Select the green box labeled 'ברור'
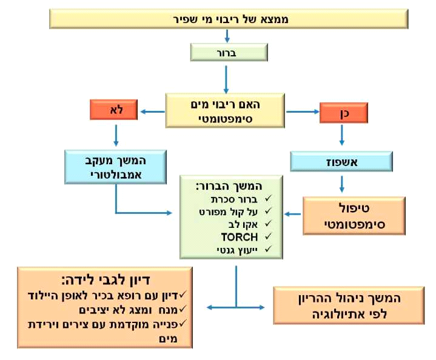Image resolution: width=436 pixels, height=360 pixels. coord(226,52)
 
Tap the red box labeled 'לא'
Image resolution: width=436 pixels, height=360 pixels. coord(114,110)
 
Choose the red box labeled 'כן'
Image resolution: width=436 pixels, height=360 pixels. coord(343,113)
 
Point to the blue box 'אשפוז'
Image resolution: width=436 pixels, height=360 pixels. coord(341,161)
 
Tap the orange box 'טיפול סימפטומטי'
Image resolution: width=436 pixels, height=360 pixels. coord(345,215)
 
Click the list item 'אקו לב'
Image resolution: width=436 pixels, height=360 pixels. coord(246,224)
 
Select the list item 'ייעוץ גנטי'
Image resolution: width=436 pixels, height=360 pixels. coord(240,249)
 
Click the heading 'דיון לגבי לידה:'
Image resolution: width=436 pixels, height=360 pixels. coord(106,280)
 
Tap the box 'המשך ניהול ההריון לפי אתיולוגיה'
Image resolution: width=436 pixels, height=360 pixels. coord(347,306)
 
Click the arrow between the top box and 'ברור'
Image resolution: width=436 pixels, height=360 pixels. coord(226,37)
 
